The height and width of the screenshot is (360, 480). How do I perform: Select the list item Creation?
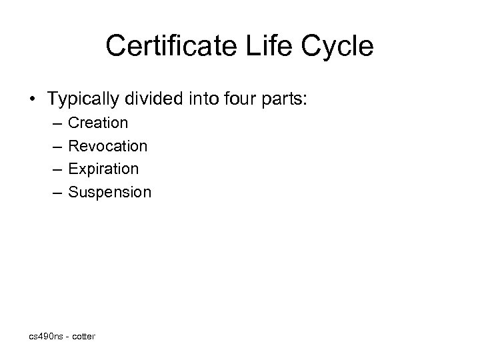pyautogui.click(x=98, y=123)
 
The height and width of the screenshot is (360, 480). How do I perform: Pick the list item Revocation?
pyautogui.click(x=108, y=145)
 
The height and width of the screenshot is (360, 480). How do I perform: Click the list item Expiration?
pyautogui.click(x=103, y=169)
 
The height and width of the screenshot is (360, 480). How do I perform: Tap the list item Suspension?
pyautogui.click(x=110, y=192)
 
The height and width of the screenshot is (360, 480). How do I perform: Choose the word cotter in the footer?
pyautogui.click(x=83, y=337)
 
